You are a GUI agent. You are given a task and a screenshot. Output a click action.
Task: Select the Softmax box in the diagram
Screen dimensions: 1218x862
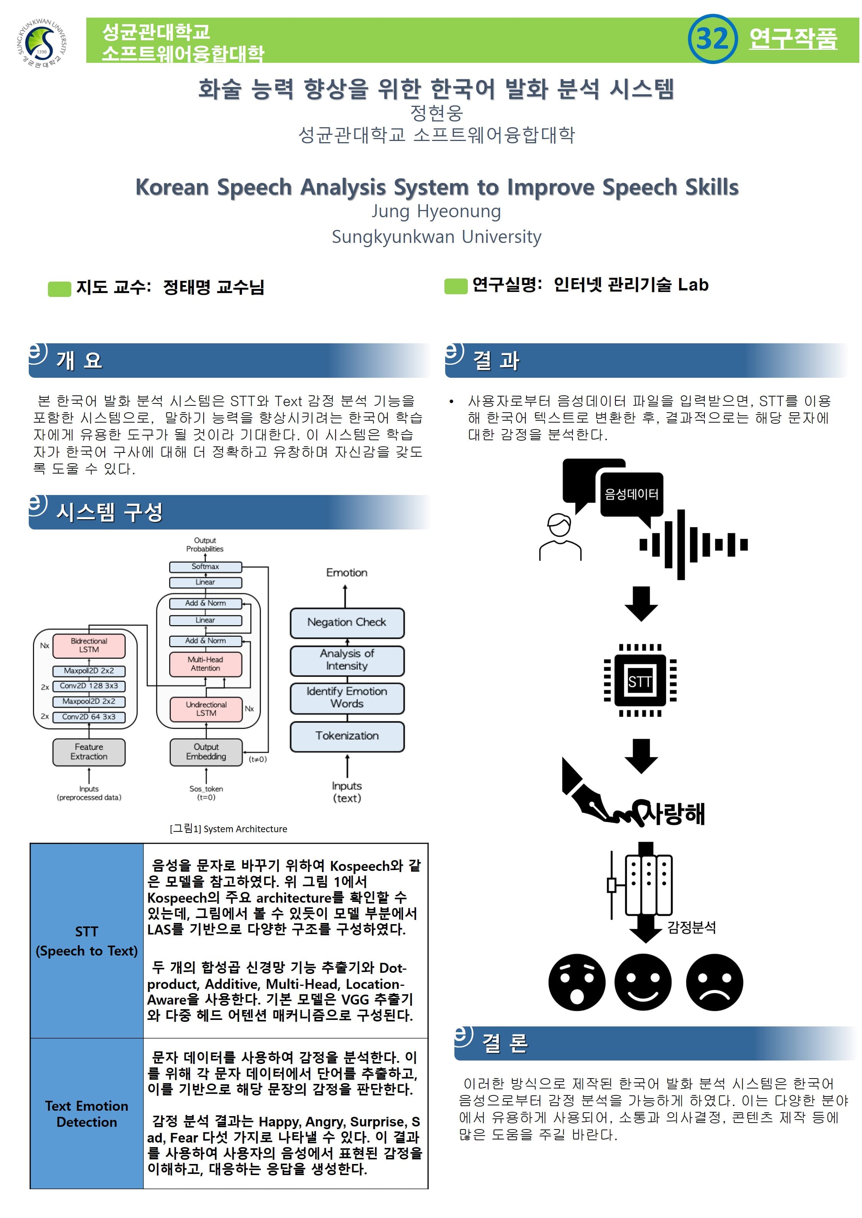(x=206, y=567)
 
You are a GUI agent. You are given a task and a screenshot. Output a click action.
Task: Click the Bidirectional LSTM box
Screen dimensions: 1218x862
(x=89, y=645)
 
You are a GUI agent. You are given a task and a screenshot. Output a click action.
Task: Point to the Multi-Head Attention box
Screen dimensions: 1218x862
(x=206, y=664)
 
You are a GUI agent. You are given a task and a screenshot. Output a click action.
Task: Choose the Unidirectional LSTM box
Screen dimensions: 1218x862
(x=206, y=709)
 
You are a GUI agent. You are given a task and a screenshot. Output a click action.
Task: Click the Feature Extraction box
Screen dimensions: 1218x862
(x=89, y=752)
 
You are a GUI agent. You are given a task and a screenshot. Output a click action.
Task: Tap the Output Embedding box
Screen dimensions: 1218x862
(x=206, y=752)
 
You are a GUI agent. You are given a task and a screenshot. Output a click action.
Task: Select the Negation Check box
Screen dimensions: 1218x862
(x=347, y=622)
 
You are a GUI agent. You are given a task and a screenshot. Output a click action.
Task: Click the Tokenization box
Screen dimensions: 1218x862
(x=347, y=736)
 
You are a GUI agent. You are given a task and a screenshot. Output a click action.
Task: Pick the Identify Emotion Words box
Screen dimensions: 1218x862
(x=347, y=698)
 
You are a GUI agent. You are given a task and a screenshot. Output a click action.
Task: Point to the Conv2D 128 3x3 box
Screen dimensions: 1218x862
(x=89, y=686)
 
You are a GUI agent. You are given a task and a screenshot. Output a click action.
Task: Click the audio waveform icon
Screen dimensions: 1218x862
(x=693, y=544)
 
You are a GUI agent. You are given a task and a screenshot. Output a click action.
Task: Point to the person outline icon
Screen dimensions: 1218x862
(x=560, y=537)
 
